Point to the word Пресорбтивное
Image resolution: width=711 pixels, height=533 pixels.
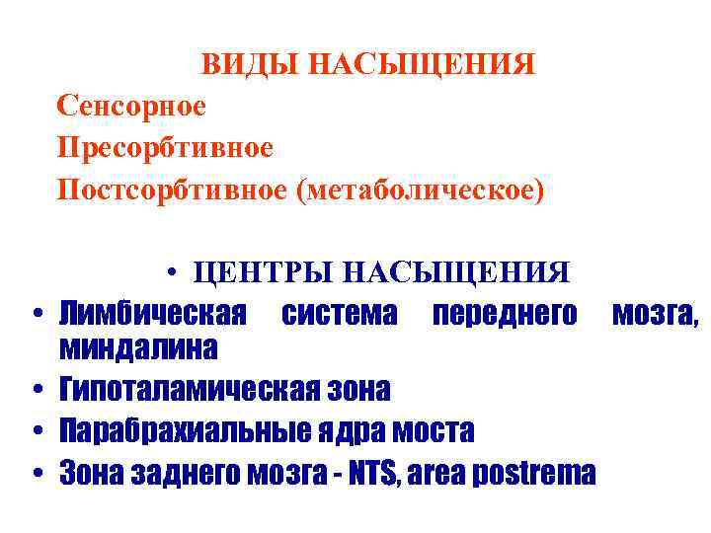point(165,147)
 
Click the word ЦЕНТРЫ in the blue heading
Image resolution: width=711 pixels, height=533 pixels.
point(258,271)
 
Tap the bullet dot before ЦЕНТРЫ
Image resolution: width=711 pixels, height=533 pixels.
point(172,272)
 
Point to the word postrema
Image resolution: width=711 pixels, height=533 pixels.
point(543,475)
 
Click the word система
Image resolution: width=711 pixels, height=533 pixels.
point(341,315)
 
